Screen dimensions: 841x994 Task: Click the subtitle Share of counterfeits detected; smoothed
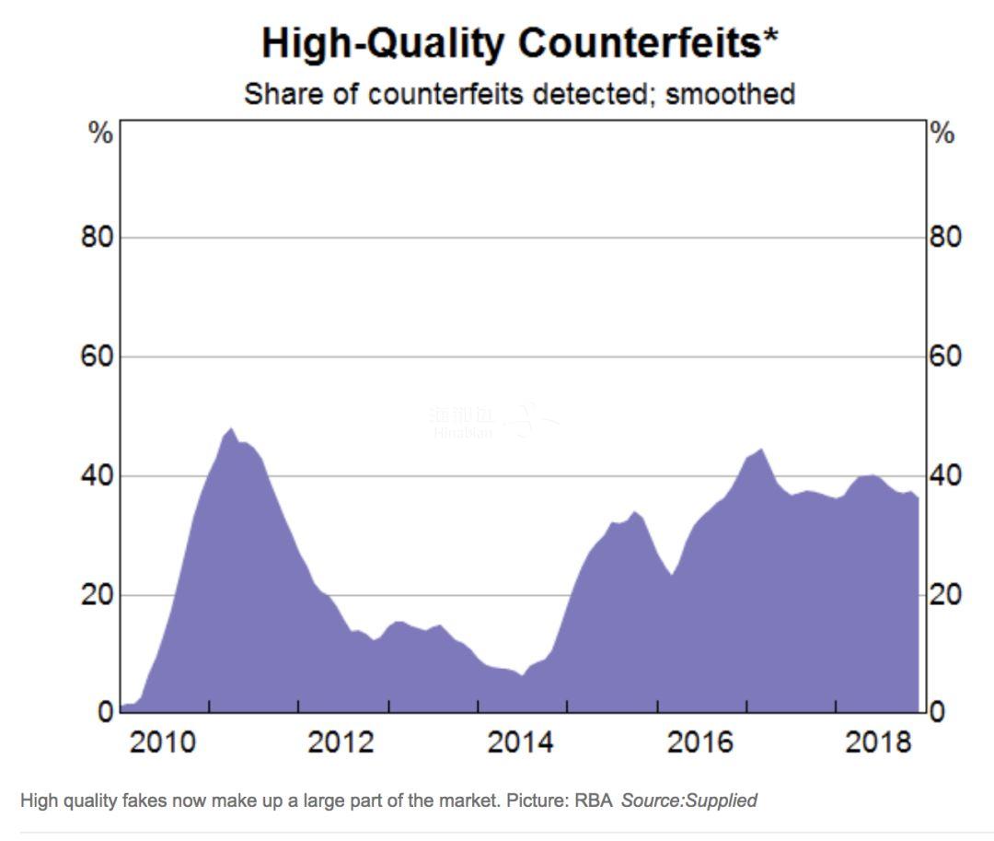[x=519, y=94]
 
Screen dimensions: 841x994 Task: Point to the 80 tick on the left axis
[x=95, y=238]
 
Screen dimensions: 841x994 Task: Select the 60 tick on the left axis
[x=95, y=356]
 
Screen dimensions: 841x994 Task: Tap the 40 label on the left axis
[x=95, y=476]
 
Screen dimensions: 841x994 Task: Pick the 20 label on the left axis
[x=95, y=595]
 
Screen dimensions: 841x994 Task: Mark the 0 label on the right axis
[x=937, y=713]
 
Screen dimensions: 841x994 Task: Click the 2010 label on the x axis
[x=163, y=742]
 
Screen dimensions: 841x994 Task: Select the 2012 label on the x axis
[x=341, y=742]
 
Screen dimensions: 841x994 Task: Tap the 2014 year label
[x=521, y=742]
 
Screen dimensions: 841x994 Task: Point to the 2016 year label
[x=699, y=742]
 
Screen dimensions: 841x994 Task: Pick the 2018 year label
[x=878, y=742]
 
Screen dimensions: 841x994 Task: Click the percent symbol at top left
[x=100, y=134]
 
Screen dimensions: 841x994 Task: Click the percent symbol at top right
[x=943, y=134]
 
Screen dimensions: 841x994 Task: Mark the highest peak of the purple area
[x=230, y=429]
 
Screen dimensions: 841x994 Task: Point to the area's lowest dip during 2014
[x=522, y=675]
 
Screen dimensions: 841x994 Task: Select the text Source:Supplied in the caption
[x=688, y=800]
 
